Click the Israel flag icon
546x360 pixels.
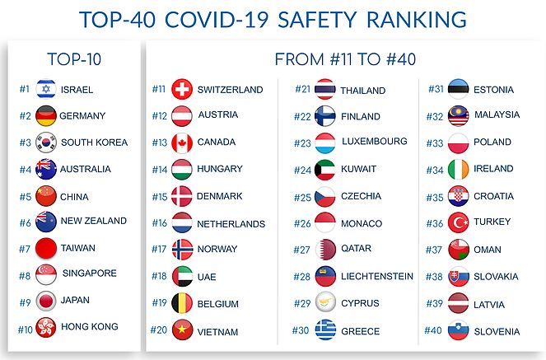(x=46, y=88)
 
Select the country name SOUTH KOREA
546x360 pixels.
(x=94, y=143)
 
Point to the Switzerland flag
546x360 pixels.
(x=182, y=89)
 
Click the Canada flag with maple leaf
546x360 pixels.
(x=182, y=143)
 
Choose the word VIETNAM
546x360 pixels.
(x=217, y=332)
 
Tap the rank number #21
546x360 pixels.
(x=302, y=89)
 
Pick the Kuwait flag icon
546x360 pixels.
(x=325, y=170)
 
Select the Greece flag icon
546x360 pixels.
(x=325, y=330)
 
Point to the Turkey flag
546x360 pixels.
(x=458, y=222)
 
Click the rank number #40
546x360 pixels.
(x=433, y=330)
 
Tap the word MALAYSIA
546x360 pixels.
(x=497, y=115)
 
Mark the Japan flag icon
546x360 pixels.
(x=46, y=301)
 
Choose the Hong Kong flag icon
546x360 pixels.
(x=46, y=328)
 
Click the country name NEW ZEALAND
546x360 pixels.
(x=94, y=221)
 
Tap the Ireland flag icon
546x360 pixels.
(x=458, y=170)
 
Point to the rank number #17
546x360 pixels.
(x=160, y=249)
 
